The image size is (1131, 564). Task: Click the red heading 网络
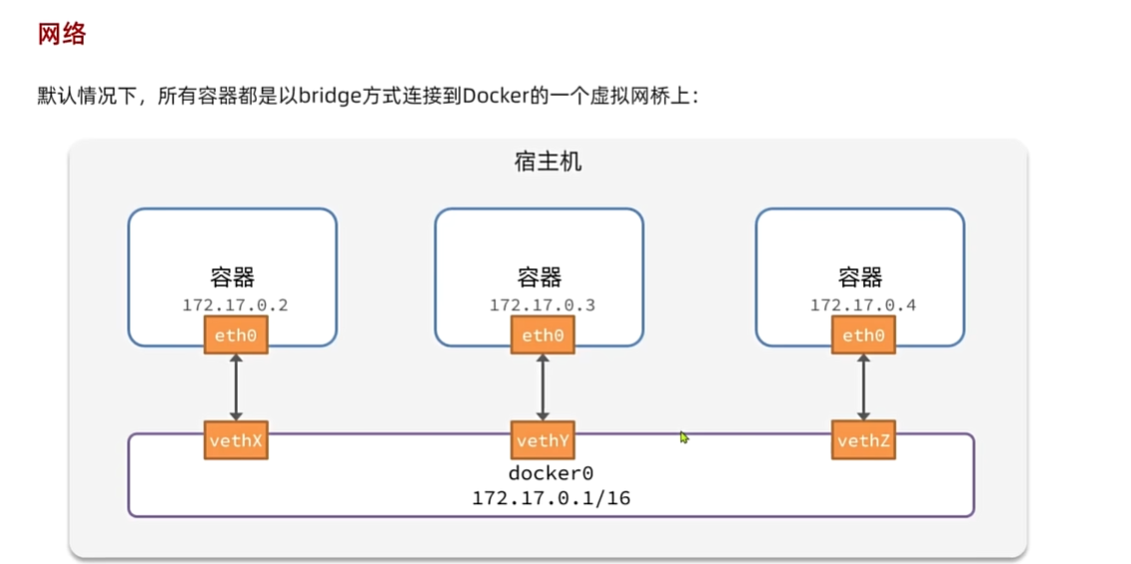[62, 34]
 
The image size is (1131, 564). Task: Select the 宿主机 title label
[548, 161]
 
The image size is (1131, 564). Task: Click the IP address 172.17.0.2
[235, 305]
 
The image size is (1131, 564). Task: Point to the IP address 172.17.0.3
[542, 305]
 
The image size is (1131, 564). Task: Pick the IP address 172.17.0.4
[862, 305]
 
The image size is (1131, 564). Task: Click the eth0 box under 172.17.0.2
[236, 336]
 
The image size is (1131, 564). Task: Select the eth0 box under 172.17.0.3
[543, 336]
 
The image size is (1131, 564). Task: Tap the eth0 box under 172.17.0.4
[863, 336]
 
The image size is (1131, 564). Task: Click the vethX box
[236, 440]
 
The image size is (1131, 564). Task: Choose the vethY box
[543, 440]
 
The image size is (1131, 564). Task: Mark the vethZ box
[863, 440]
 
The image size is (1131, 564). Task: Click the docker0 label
[551, 473]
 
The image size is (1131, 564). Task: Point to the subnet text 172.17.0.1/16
[551, 497]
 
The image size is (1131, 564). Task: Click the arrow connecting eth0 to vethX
[236, 388]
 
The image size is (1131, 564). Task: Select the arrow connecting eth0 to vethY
[543, 388]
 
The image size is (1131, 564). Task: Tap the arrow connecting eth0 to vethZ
[863, 388]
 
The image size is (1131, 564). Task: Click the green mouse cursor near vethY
[684, 436]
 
